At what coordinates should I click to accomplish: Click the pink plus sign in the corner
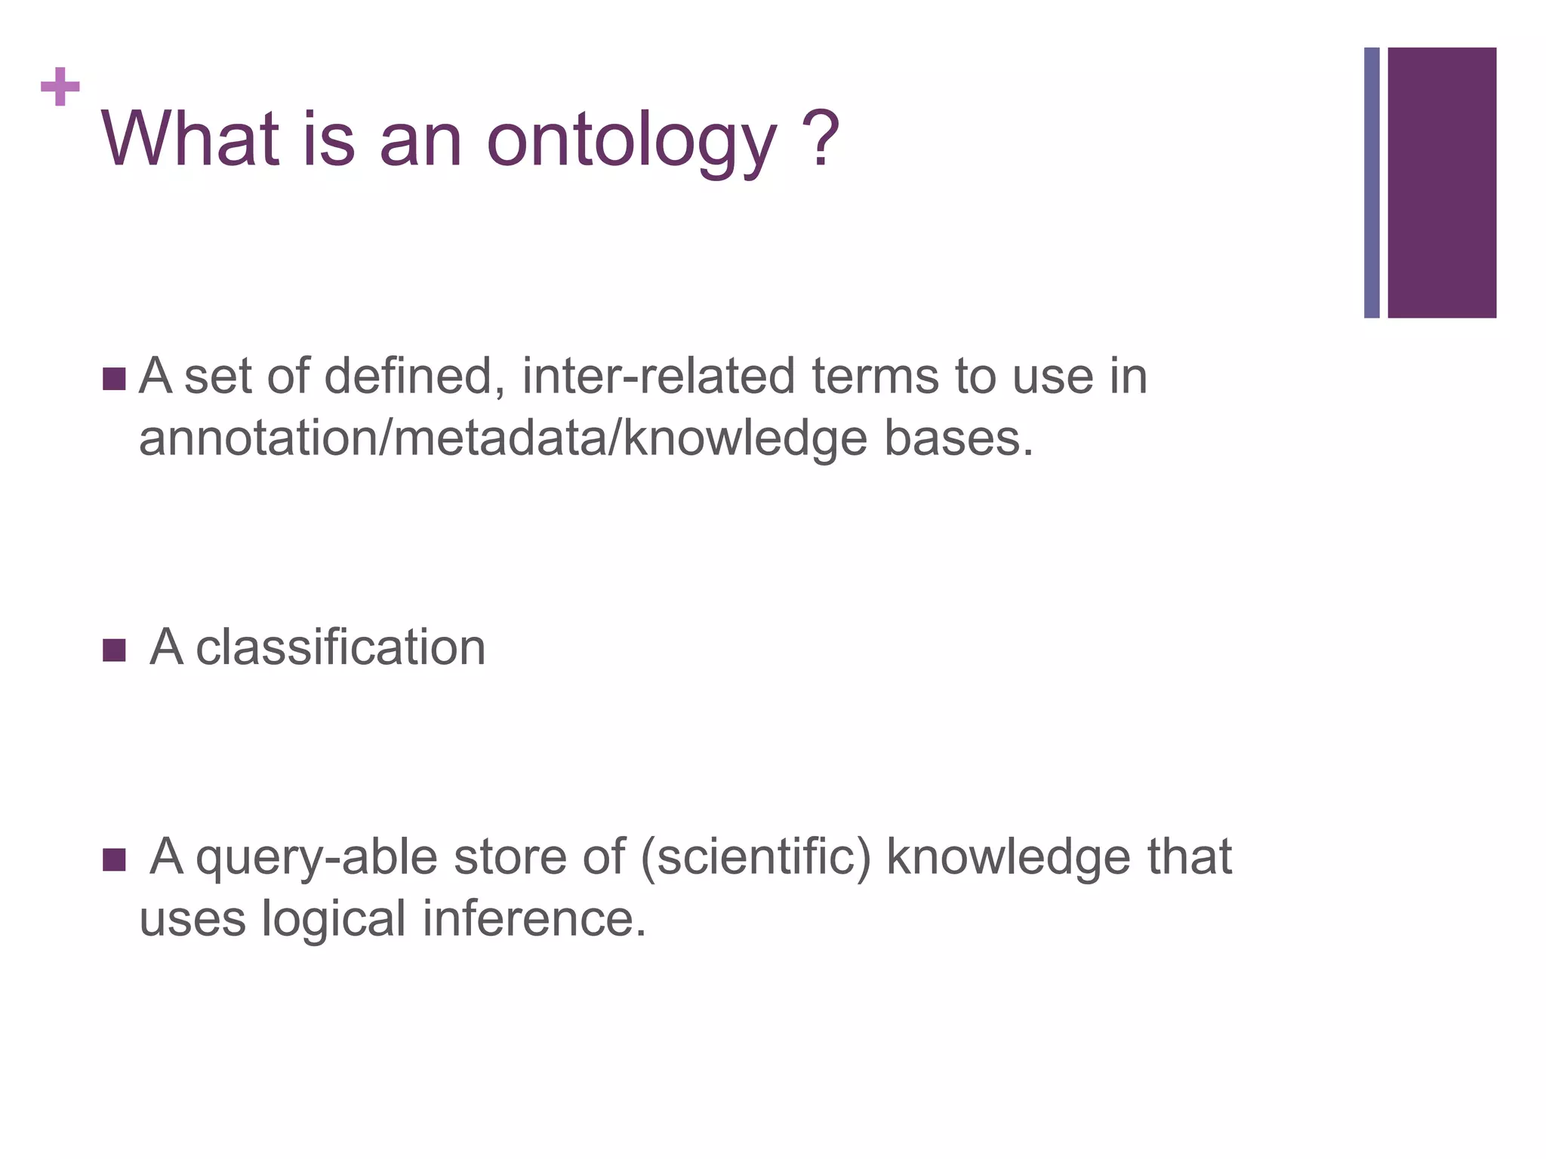(x=60, y=87)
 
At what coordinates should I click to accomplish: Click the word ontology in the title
(x=632, y=142)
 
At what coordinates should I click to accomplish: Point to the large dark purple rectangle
(x=1441, y=183)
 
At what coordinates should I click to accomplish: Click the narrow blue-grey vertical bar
(x=1371, y=183)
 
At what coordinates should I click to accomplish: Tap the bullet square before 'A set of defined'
(x=113, y=379)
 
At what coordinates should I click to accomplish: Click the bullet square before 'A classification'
(x=113, y=650)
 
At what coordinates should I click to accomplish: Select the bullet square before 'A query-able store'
(x=113, y=859)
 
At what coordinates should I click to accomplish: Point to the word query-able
(x=316, y=859)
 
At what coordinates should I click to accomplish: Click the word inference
(x=534, y=918)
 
